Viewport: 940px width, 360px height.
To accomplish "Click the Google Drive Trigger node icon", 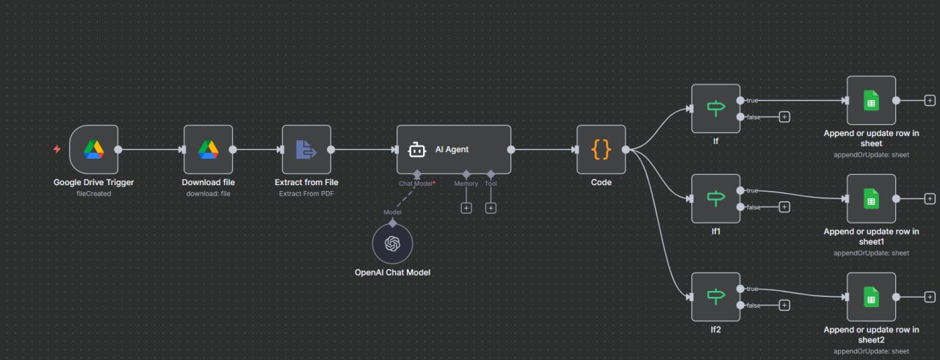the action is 93,149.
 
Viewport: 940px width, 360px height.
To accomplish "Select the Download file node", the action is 208,149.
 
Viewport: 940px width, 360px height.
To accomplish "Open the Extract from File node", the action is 306,149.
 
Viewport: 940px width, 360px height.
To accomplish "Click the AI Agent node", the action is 454,149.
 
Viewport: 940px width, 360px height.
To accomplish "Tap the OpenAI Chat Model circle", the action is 392,244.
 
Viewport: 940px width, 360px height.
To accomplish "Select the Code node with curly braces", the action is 601,149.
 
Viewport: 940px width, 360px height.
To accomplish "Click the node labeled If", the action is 715,109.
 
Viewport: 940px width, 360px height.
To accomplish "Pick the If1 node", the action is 715,198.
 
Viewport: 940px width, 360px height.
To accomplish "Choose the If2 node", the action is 715,297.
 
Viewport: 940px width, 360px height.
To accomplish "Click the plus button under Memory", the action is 466,208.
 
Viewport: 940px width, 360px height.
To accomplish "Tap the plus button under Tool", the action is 491,208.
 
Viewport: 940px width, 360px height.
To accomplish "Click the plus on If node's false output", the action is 784,117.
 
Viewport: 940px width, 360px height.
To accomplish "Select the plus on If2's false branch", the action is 784,306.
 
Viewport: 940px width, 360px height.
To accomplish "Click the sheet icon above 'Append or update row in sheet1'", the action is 871,198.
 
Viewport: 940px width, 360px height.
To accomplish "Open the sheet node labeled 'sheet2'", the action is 871,297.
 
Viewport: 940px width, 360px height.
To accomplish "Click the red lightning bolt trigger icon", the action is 57,149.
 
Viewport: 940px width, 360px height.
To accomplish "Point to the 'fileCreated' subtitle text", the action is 93,193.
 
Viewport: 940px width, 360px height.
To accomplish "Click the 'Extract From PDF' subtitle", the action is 306,193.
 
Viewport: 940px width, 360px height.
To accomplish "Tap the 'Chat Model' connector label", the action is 416,184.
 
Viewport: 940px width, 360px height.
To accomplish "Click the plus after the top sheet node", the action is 930,101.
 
